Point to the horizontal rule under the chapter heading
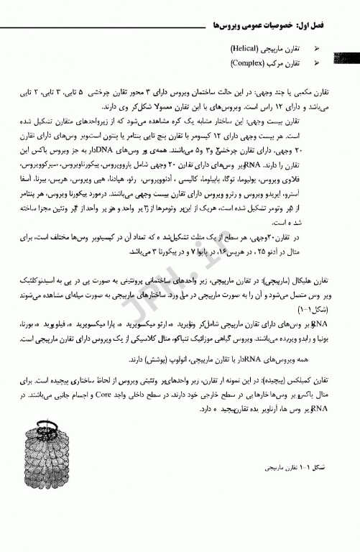pyautogui.click(x=180, y=33)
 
